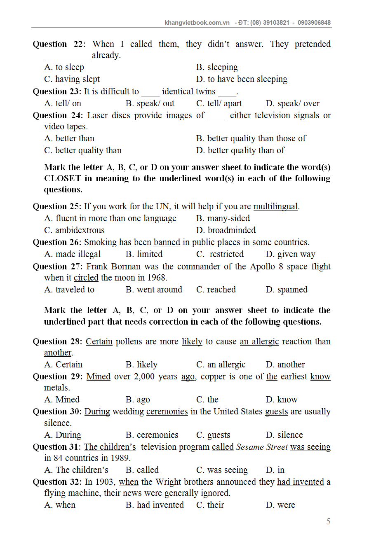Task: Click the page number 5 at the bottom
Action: pyautogui.click(x=328, y=521)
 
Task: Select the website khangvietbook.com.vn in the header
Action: pyautogui.click(x=197, y=23)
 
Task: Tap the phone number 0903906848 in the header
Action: pyautogui.click(x=314, y=23)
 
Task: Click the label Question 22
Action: pyautogui.click(x=58, y=44)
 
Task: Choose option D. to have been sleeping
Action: pyautogui.click(x=242, y=79)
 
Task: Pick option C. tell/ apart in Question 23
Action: pyautogui.click(x=219, y=103)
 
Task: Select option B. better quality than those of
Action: pyautogui.click(x=251, y=138)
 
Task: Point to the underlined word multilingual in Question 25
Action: pyautogui.click(x=275, y=206)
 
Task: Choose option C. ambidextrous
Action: pyautogui.click(x=74, y=230)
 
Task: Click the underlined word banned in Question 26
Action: pyautogui.click(x=167, y=242)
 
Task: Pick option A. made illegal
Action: pyautogui.click(x=72, y=254)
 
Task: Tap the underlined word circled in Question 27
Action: pyautogui.click(x=86, y=278)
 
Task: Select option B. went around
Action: pyautogui.click(x=154, y=290)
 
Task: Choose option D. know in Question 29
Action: pyautogui.click(x=282, y=400)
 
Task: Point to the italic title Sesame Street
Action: pyautogui.click(x=261, y=447)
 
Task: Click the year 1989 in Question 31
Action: pyautogui.click(x=120, y=458)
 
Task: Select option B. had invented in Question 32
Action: pyautogui.click(x=155, y=505)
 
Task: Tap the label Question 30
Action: pyautogui.click(x=57, y=411)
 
